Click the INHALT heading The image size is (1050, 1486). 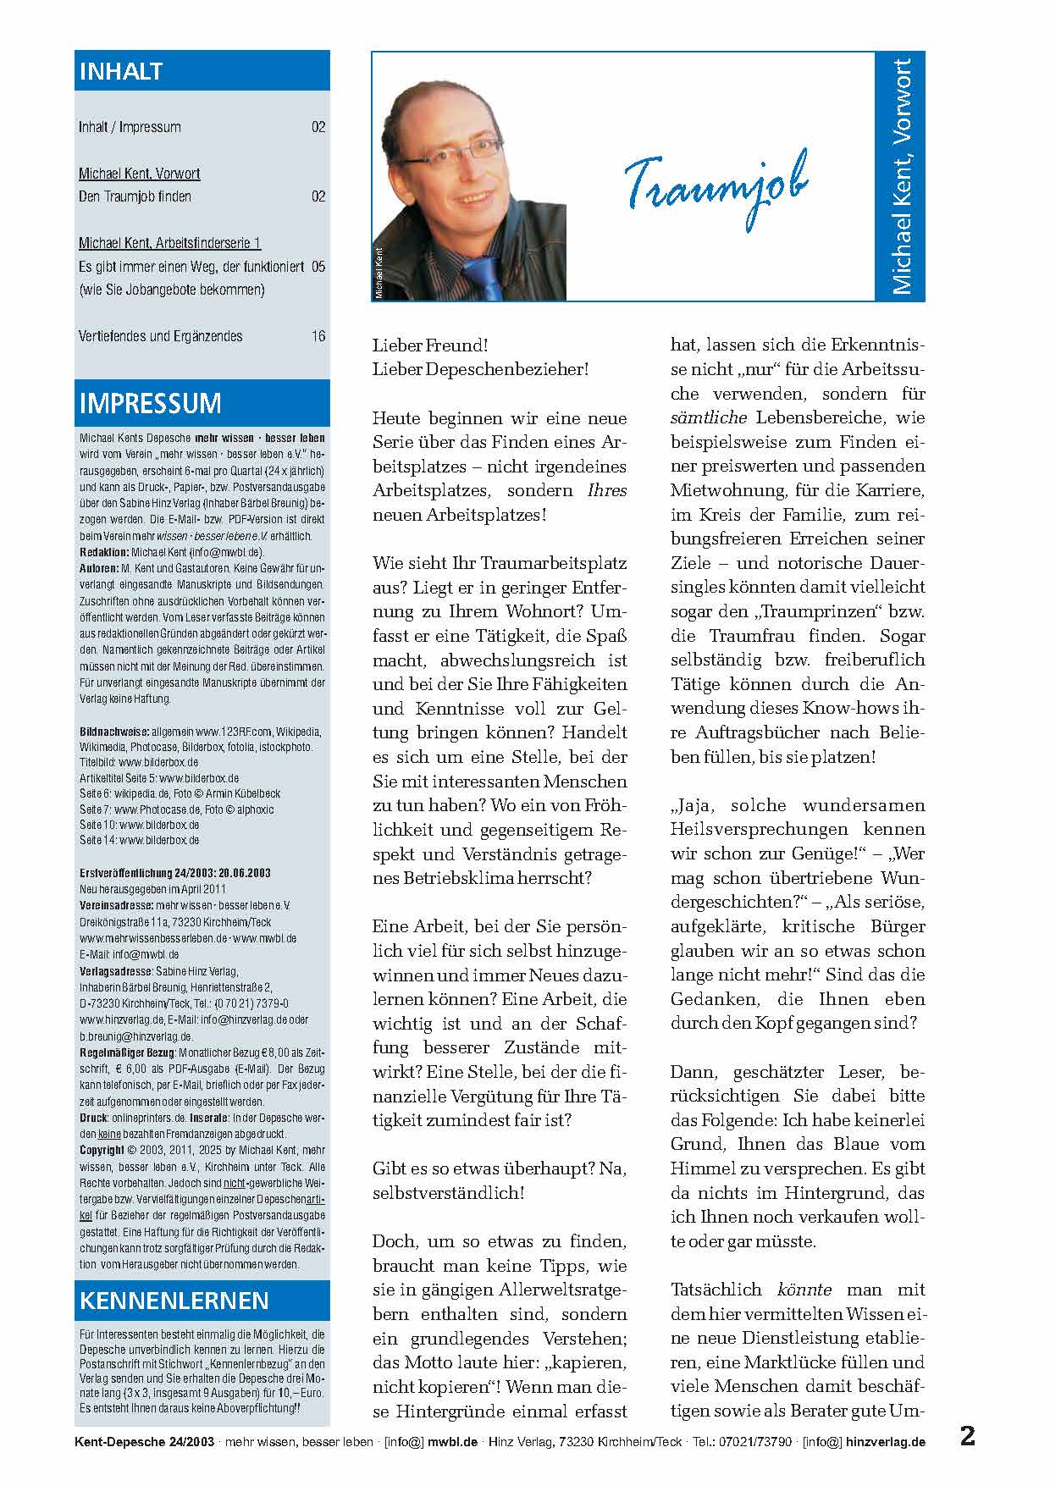pyautogui.click(x=121, y=72)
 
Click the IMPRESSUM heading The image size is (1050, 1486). pyautogui.click(x=150, y=403)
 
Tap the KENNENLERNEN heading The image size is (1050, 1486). pyautogui.click(x=174, y=1300)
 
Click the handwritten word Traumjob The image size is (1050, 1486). pyautogui.click(x=716, y=186)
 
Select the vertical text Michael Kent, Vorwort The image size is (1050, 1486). pyautogui.click(x=902, y=176)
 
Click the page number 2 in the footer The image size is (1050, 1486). pyautogui.click(x=967, y=1437)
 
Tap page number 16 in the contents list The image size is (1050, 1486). pyautogui.click(x=318, y=336)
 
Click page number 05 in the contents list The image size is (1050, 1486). pyautogui.click(x=318, y=267)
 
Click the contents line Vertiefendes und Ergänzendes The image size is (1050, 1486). pyautogui.click(x=160, y=336)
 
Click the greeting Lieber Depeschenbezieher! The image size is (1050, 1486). pyautogui.click(x=480, y=369)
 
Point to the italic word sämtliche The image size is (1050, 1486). pyautogui.click(x=709, y=417)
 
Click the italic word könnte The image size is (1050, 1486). pyautogui.click(x=804, y=1290)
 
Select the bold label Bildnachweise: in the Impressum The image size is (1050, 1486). pyautogui.click(x=113, y=732)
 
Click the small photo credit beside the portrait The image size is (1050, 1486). pyautogui.click(x=379, y=273)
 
